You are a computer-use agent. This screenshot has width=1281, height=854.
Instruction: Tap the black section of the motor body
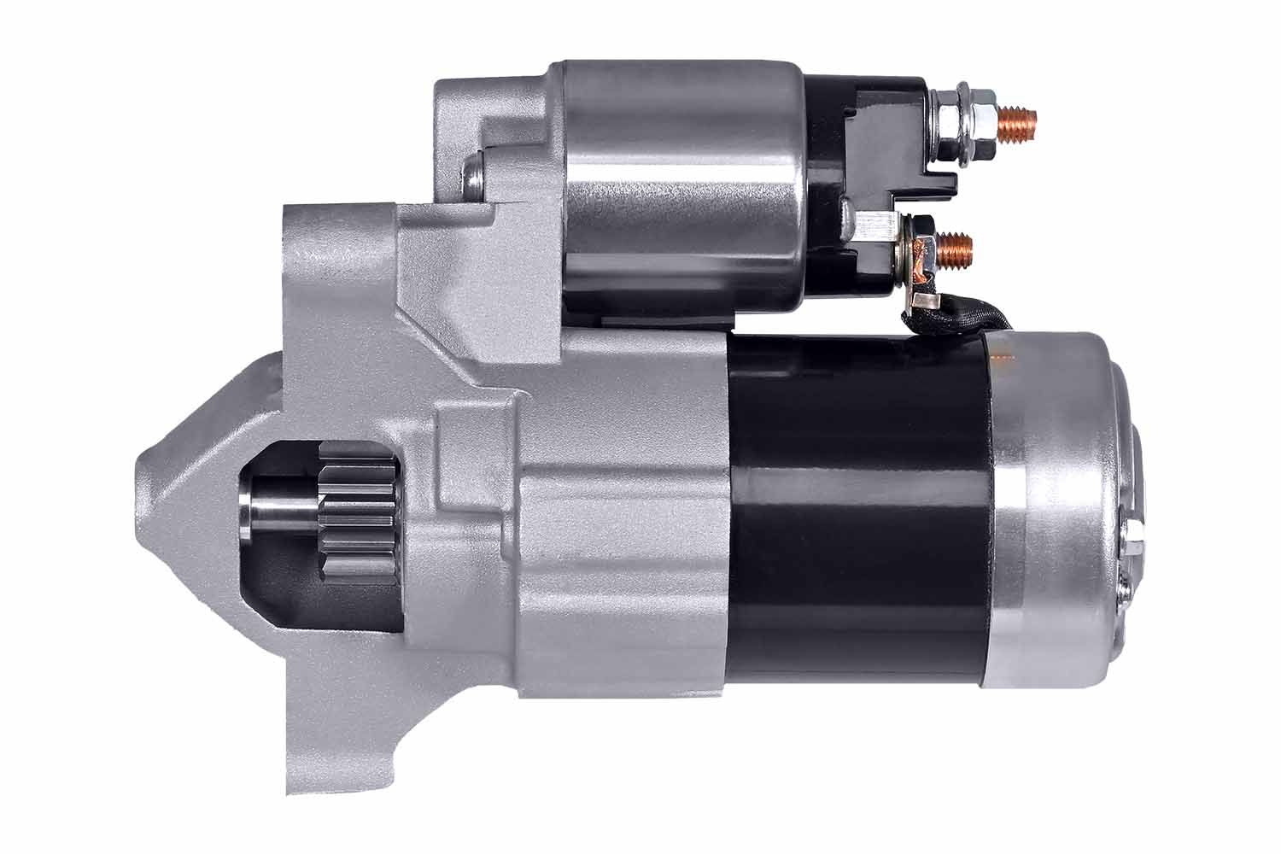854,512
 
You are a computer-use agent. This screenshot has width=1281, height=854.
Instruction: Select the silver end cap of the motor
1059,512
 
